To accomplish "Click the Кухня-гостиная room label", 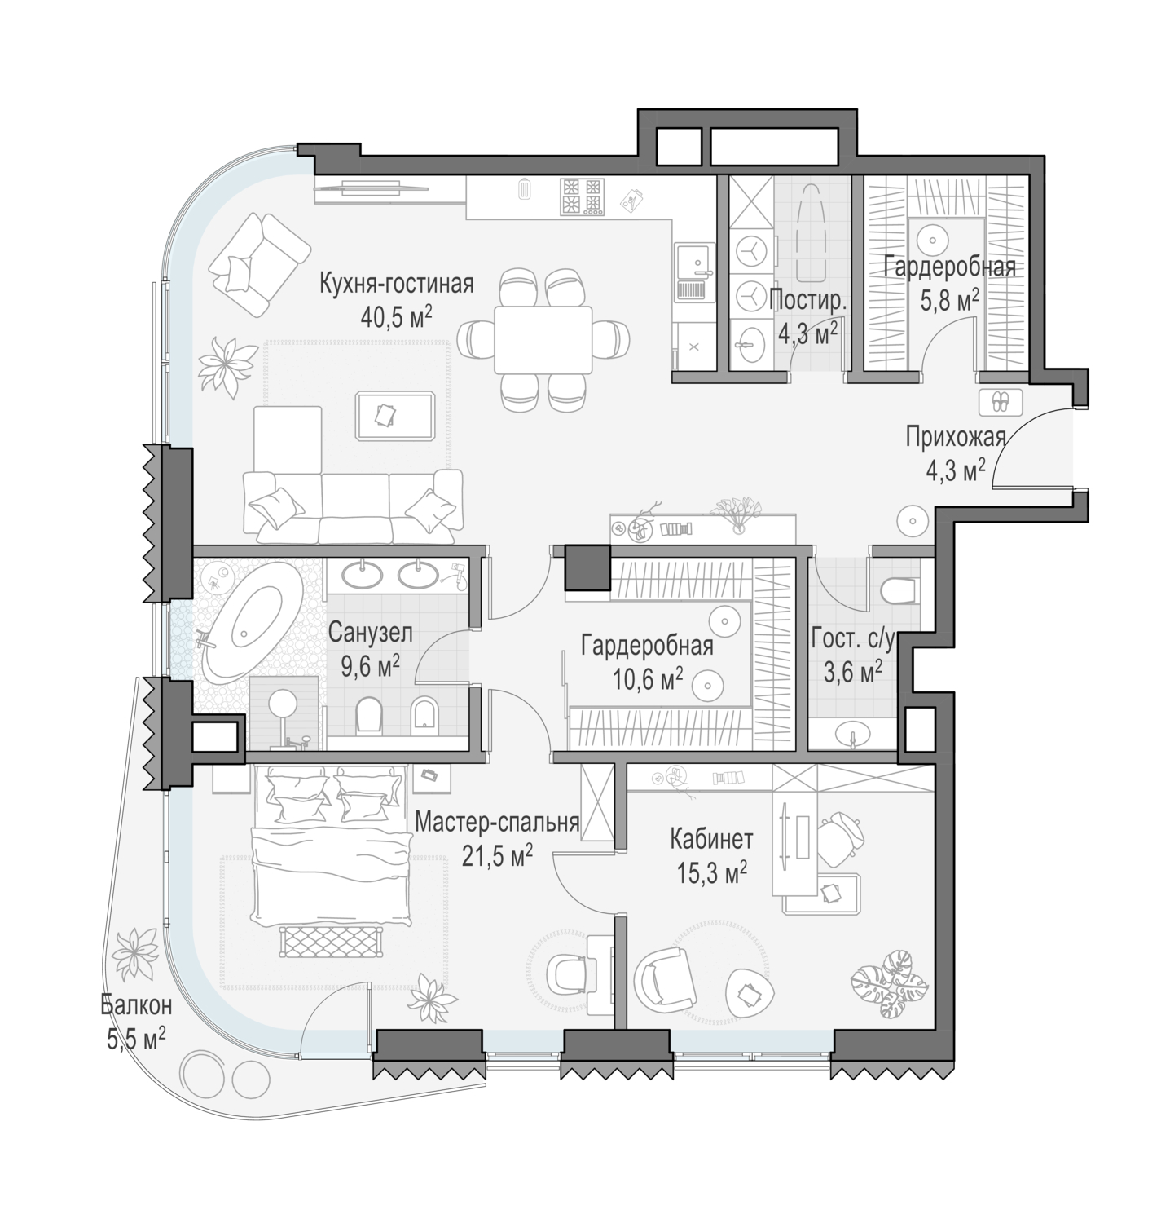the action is [396, 285].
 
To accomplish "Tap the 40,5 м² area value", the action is [396, 316].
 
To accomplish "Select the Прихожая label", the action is [956, 438].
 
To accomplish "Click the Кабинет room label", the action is [711, 839].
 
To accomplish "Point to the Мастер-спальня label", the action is [497, 823].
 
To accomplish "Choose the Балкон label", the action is [136, 1005].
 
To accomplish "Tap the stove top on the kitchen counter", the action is [583, 196].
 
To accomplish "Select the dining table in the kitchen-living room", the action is [543, 338].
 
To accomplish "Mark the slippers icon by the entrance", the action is [999, 402].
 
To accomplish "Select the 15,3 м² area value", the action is [711, 874].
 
